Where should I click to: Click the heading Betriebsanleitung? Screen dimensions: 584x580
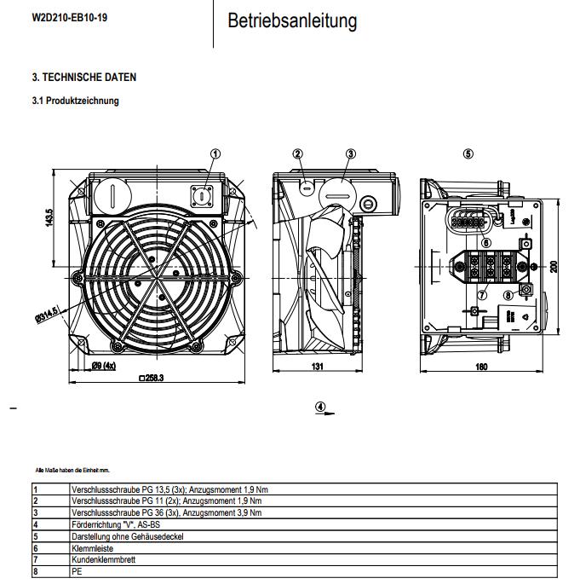292,20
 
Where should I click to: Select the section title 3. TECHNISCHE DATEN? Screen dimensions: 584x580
83,78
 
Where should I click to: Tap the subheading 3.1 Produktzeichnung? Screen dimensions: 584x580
75,101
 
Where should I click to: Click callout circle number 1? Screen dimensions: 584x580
215,154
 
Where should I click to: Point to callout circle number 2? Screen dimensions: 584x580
298,154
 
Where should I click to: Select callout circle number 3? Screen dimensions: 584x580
350,154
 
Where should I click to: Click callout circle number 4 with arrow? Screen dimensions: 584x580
320,406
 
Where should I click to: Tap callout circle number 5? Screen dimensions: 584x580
468,154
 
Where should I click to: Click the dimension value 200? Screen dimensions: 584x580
553,267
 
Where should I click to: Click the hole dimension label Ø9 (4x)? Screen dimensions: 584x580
105,367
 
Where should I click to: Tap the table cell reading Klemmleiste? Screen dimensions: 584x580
89,549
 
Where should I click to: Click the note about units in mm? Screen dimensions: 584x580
72,470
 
